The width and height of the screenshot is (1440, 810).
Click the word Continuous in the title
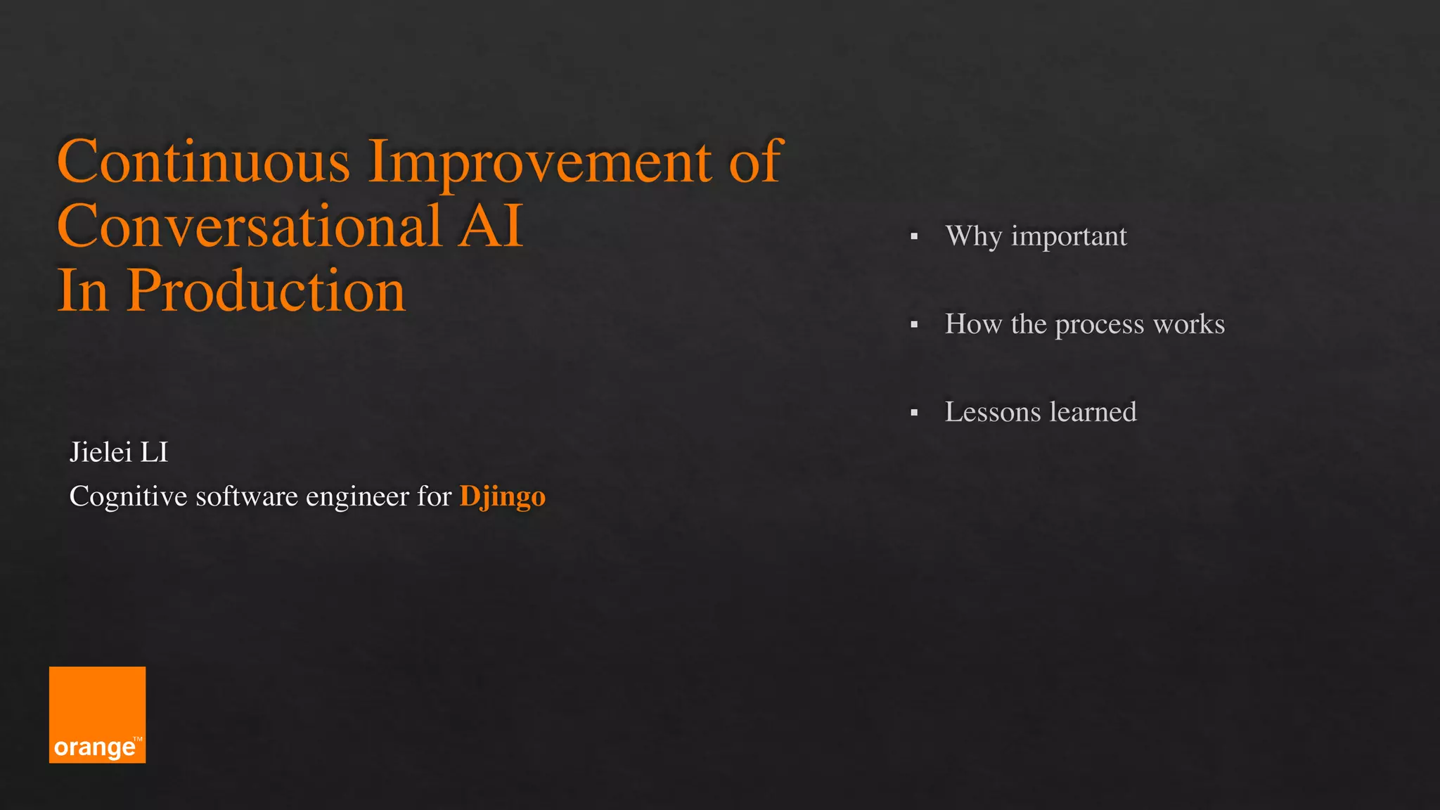tap(203, 162)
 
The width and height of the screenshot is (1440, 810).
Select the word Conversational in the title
tap(249, 226)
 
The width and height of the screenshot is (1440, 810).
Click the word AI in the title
tap(490, 226)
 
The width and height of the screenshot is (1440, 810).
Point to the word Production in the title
tap(266, 291)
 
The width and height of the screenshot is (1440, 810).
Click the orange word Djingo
tap(502, 497)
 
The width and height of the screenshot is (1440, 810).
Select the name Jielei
tap(101, 452)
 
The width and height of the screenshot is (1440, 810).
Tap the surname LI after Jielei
tap(154, 452)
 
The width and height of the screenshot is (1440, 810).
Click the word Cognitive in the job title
tap(128, 497)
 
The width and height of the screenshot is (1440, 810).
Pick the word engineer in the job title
tap(357, 497)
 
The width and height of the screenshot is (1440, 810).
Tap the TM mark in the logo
tap(138, 739)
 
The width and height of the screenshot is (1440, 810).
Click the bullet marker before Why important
tap(914, 237)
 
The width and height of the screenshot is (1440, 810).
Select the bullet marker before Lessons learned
tap(914, 413)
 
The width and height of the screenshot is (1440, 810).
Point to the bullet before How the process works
tap(914, 325)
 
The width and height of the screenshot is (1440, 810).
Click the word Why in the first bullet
tap(973, 236)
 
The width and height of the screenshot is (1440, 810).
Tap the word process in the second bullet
tap(1100, 325)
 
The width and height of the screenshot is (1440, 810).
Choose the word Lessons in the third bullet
tap(992, 412)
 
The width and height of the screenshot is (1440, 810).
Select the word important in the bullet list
tap(1069, 237)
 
